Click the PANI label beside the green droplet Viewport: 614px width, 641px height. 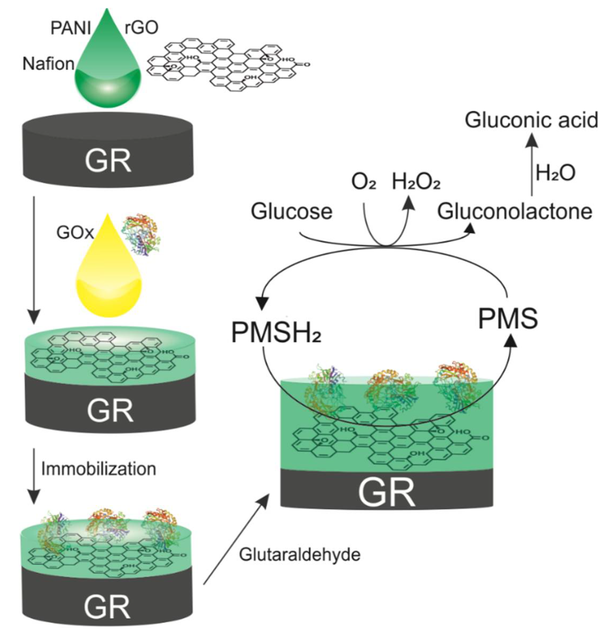[x=71, y=28]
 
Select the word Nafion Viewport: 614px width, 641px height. [x=48, y=64]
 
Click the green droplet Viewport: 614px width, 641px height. [x=108, y=75]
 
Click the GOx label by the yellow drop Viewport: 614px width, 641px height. [x=75, y=233]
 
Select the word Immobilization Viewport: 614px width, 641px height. [x=99, y=469]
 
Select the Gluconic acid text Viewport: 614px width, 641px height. [x=531, y=120]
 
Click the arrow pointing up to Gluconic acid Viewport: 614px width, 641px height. [x=531, y=167]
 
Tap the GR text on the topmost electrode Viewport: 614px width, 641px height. [x=108, y=161]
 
